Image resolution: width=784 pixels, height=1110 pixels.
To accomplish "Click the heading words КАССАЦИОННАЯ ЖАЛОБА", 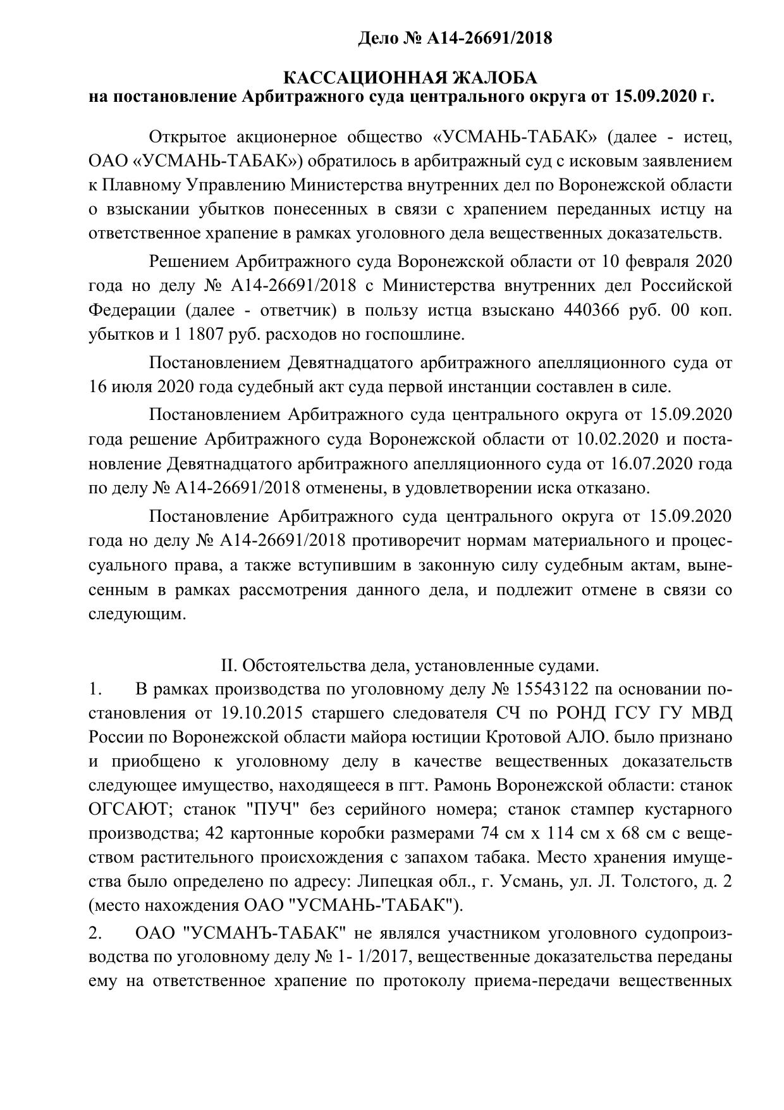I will tap(410, 78).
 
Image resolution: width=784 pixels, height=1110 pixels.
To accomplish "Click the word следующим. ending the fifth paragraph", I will tap(137, 614).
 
